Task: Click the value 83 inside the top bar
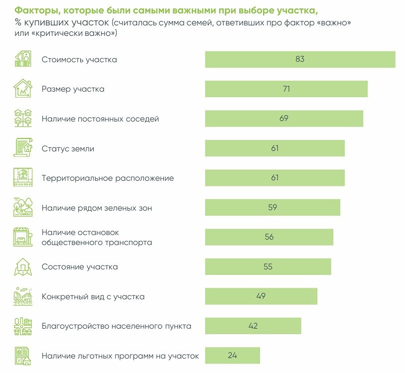pyautogui.click(x=299, y=59)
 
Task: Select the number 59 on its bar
pyautogui.click(x=272, y=208)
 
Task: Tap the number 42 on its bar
pyautogui.click(x=253, y=326)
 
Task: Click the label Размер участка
pyautogui.click(x=73, y=89)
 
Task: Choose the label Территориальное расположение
pyautogui.click(x=108, y=178)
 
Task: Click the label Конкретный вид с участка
pyautogui.click(x=93, y=297)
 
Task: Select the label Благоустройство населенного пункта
pyautogui.click(x=117, y=326)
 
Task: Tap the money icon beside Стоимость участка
pyautogui.click(x=22, y=59)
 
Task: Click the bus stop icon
pyautogui.click(x=22, y=237)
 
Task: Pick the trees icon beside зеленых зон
pyautogui.click(x=22, y=208)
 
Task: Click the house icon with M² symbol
pyautogui.click(x=22, y=89)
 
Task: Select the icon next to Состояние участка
pyautogui.click(x=22, y=267)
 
